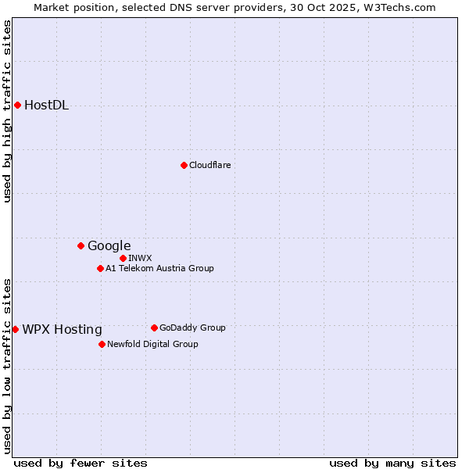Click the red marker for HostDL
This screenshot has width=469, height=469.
tap(17, 105)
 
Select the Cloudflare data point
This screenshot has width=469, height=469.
tap(184, 165)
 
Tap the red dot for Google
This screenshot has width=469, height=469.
tap(81, 245)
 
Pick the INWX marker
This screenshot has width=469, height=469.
tap(123, 258)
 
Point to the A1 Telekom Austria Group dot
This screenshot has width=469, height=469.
tap(100, 268)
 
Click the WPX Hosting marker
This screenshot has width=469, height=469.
tap(15, 329)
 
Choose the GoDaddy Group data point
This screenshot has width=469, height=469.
tap(154, 328)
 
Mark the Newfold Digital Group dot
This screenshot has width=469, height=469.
tap(102, 344)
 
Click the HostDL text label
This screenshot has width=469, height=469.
tap(46, 106)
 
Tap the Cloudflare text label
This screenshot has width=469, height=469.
tap(209, 165)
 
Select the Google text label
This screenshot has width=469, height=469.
tap(109, 245)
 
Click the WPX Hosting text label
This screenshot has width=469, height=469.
tap(62, 329)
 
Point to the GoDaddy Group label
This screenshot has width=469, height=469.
tap(192, 328)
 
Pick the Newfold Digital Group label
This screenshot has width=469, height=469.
tap(152, 344)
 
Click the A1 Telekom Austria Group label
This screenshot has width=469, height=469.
tap(159, 268)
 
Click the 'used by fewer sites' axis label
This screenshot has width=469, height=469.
tap(81, 463)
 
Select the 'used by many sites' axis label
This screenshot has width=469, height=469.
tap(392, 463)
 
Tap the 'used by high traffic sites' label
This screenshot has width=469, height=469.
tap(7, 111)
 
